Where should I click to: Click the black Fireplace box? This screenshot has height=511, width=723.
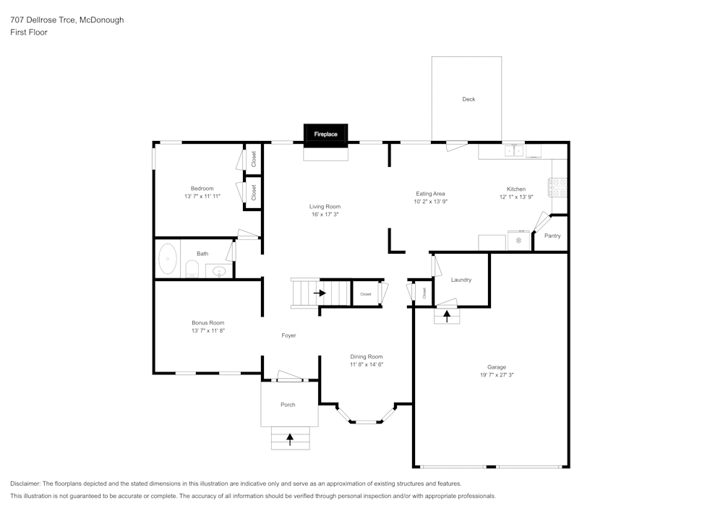(x=325, y=134)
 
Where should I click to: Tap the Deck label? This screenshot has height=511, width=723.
(x=469, y=99)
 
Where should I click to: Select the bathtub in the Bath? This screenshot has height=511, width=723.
(x=168, y=259)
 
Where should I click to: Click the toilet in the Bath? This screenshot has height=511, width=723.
(x=192, y=270)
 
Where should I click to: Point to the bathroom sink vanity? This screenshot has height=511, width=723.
(x=219, y=272)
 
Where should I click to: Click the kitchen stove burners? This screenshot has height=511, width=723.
(x=559, y=187)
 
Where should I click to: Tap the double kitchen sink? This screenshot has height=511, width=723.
(x=514, y=150)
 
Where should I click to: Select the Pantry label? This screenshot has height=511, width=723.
(x=552, y=236)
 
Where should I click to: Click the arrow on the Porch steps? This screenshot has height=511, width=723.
(x=290, y=438)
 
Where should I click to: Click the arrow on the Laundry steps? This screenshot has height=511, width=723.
(x=446, y=315)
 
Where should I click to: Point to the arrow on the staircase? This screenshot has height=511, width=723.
(x=320, y=293)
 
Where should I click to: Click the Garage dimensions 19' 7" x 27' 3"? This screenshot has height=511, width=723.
(x=496, y=375)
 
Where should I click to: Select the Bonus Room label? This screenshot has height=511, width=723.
(x=208, y=323)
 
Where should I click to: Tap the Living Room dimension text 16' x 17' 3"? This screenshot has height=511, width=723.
(x=325, y=215)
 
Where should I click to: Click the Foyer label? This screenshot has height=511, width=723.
(x=288, y=335)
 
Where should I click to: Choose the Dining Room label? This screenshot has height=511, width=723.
(x=366, y=356)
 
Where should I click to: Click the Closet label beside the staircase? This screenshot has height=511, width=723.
(x=366, y=294)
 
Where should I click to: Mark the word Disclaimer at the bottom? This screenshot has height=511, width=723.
(x=25, y=484)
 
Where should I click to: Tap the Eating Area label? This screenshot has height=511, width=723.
(x=430, y=194)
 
